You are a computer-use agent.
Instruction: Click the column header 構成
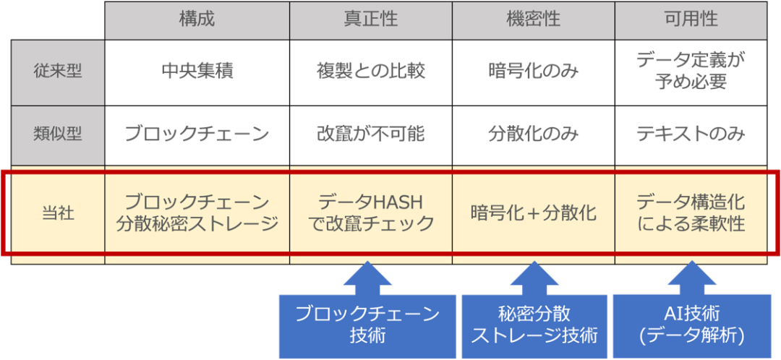[x=197, y=20]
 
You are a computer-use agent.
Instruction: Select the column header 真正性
[x=370, y=20]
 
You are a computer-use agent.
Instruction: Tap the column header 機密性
[x=534, y=20]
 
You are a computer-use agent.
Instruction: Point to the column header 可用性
[x=691, y=20]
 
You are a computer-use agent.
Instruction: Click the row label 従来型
[x=58, y=71]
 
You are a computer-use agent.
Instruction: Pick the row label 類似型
[x=58, y=134]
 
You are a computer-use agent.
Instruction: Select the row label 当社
[x=58, y=214]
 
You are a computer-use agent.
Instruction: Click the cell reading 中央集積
[x=197, y=71]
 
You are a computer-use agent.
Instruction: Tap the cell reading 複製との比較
[x=370, y=71]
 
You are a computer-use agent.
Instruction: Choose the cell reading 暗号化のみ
[x=534, y=71]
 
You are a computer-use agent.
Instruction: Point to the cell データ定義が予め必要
[x=691, y=71]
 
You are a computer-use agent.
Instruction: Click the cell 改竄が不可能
[x=370, y=134]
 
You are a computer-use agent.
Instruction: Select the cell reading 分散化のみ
[x=534, y=134]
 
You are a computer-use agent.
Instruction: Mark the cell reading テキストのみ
[x=691, y=134]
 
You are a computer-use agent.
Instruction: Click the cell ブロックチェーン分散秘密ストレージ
[x=197, y=213]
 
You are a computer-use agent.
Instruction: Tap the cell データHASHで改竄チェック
[x=370, y=213]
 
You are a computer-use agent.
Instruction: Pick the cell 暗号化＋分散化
[x=534, y=214]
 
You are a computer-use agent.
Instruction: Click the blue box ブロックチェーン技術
[x=367, y=325]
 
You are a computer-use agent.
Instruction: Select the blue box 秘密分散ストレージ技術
[x=534, y=325]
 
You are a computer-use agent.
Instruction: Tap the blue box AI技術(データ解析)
[x=691, y=325]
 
